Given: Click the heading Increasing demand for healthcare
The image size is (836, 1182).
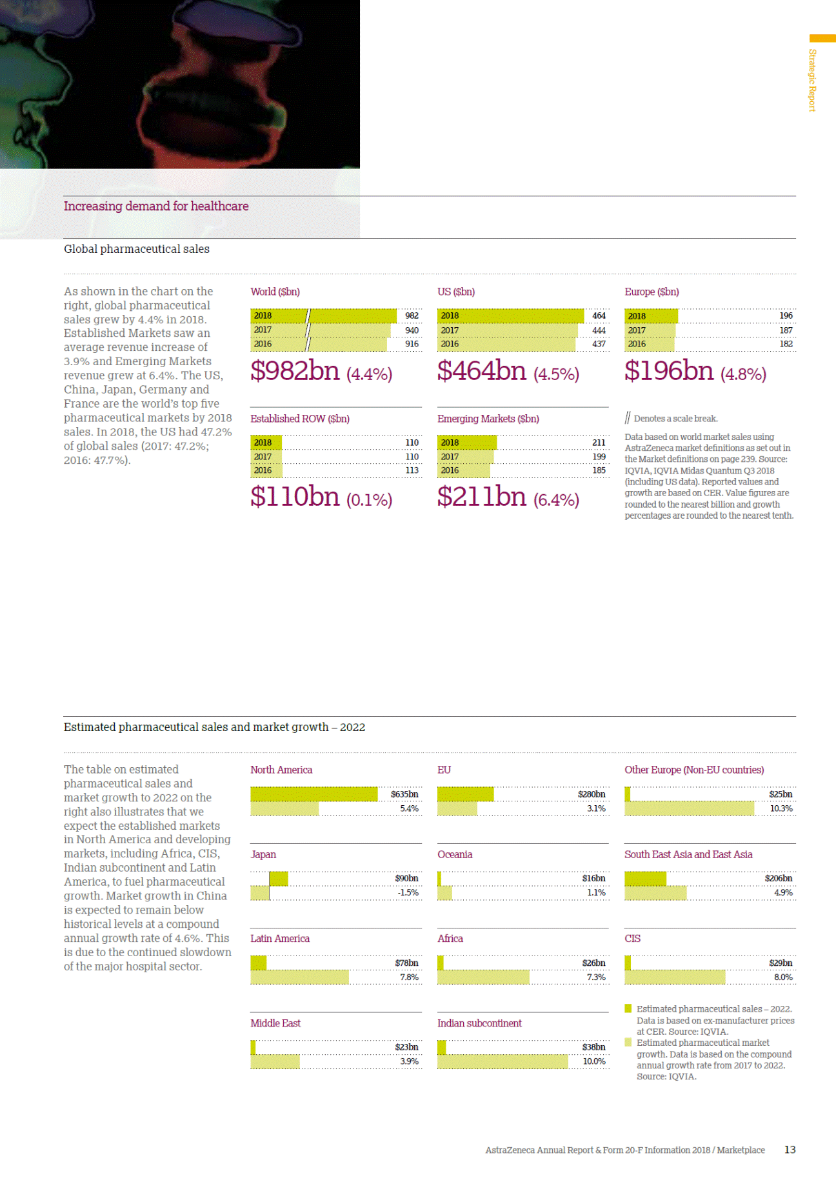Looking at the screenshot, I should tap(156, 206).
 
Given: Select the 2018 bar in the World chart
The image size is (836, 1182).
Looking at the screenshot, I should tap(323, 316).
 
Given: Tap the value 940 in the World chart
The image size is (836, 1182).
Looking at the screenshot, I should tap(412, 330).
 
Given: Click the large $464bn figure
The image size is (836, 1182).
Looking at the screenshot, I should tap(482, 371).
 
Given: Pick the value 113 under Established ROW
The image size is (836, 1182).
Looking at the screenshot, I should tap(412, 470).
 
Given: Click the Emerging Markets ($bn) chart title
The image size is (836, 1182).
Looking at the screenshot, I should tap(488, 419).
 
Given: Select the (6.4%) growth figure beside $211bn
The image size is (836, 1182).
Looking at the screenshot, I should tap(556, 500).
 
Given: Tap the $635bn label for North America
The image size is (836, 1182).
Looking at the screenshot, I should tap(404, 794).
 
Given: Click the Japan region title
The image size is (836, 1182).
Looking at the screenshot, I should tap(263, 854).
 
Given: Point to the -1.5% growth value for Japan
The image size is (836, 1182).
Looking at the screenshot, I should tap(408, 893).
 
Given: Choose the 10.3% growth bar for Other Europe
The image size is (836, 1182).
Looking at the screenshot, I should tap(689, 808).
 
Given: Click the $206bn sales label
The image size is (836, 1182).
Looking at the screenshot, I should tap(778, 879).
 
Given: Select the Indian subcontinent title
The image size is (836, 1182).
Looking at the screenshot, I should tap(479, 1023).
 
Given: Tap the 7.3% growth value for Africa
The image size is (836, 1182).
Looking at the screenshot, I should tap(596, 977).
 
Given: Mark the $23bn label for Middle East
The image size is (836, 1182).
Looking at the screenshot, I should tap(406, 1047).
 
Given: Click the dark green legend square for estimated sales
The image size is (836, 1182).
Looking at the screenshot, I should tap(628, 1008).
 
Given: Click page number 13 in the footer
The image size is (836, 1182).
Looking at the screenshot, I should tap(790, 1150).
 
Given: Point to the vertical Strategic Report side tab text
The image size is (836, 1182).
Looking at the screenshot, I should tap(813, 80).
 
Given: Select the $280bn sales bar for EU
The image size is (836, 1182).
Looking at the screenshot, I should tap(465, 794).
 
